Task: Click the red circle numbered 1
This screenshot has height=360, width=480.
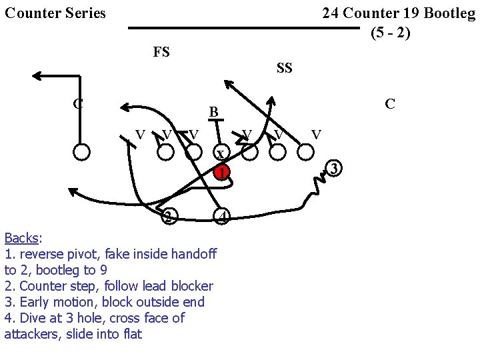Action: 222,172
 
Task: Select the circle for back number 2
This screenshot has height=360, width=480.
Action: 170,216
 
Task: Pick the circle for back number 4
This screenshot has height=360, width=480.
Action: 223,216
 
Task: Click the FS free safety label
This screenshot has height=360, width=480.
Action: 161,52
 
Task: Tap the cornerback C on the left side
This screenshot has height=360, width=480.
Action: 78,103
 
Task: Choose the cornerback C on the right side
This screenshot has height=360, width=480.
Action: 390,103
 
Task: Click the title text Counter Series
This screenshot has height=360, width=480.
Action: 55,13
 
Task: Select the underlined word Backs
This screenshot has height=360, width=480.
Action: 21,238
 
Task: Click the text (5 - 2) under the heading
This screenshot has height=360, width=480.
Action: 390,32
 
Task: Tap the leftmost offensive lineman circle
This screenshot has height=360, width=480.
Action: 81,152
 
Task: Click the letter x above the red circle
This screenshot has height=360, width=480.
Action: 220,155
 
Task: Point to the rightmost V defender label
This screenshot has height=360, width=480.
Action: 317,135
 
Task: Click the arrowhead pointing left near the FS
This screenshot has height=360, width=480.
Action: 38,76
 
